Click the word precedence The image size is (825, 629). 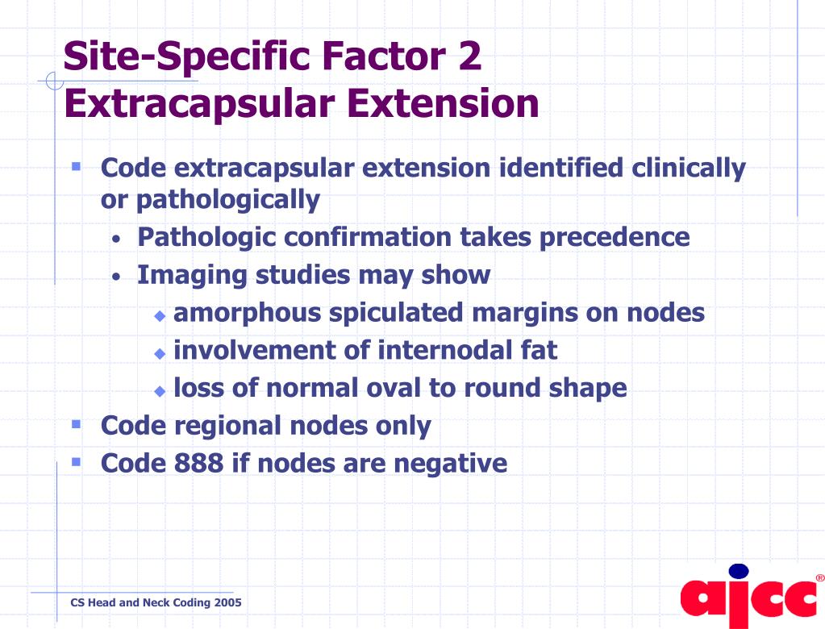point(621,237)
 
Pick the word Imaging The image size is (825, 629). point(192,275)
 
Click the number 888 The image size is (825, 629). point(196,463)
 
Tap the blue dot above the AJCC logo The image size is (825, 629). point(738,571)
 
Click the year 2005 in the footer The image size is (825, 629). point(227,602)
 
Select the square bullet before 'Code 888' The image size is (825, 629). point(76,462)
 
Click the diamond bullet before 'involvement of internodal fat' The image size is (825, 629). point(160,353)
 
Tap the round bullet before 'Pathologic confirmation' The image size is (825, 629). point(117,240)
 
